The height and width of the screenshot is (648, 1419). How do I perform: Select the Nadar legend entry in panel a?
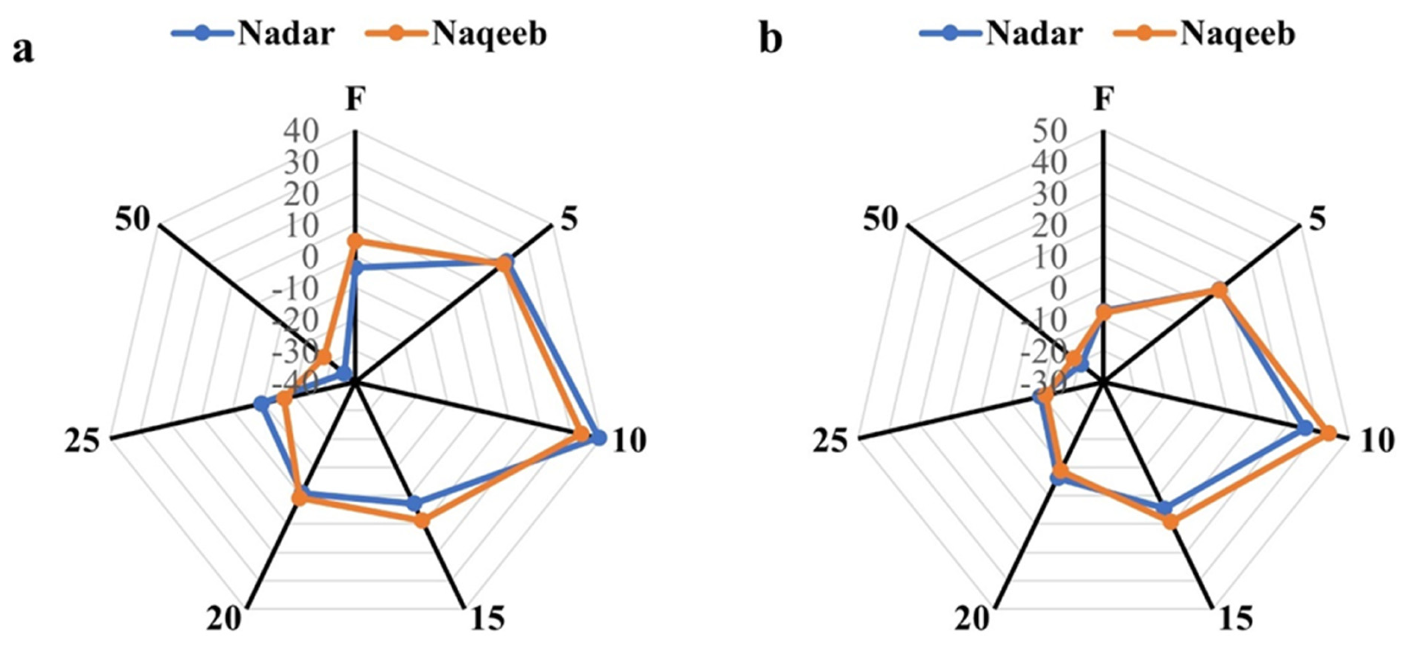tap(253, 34)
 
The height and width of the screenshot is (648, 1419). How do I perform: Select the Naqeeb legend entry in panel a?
tap(457, 34)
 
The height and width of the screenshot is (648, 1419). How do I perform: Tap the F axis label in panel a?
tap(355, 100)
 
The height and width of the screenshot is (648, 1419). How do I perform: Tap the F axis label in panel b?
tap(1103, 100)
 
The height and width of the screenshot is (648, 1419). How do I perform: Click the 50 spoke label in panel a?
tap(132, 220)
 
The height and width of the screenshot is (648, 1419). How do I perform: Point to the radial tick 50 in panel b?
tap(1050, 132)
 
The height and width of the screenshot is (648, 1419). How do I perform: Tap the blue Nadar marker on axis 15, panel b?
tap(1164, 508)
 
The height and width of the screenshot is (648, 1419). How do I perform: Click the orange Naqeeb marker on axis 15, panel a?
tap(422, 520)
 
